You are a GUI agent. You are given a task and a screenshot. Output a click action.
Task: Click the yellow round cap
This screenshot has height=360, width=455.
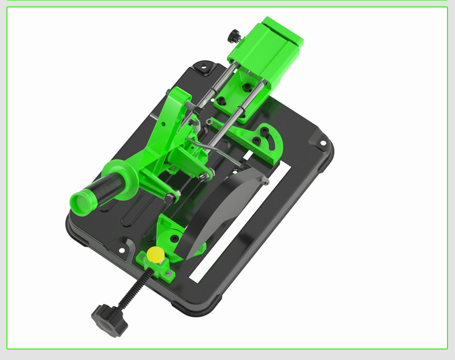[155, 254]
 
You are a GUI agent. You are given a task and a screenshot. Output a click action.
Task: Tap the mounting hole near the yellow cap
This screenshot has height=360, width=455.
[122, 250]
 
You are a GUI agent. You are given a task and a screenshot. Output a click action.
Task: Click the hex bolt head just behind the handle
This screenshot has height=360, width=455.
[169, 199]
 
